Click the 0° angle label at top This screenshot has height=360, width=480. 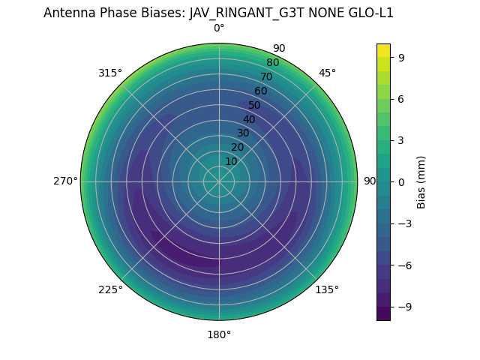(219, 28)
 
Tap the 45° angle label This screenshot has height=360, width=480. (327, 73)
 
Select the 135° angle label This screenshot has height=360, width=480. (327, 289)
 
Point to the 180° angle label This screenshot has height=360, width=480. (219, 334)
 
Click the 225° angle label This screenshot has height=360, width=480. (110, 289)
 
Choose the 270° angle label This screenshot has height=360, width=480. (65, 181)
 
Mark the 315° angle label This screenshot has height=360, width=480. (110, 73)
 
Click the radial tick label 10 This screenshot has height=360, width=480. (231, 161)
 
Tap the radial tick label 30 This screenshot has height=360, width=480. (243, 133)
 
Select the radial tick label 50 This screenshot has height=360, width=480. (255, 105)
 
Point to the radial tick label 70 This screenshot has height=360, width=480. (266, 76)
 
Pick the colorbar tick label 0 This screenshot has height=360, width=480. (402, 181)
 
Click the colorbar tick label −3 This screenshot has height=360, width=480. (405, 223)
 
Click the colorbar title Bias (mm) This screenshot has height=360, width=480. (421, 181)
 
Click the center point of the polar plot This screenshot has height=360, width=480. (219, 181)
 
